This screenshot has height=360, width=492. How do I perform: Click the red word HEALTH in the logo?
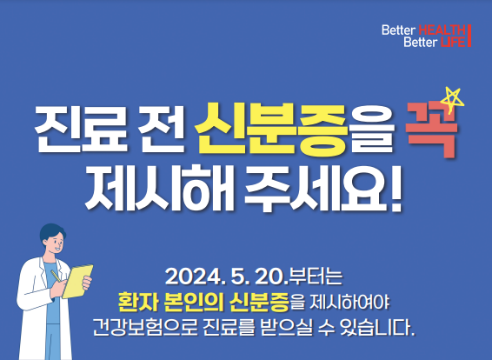pos(442,30)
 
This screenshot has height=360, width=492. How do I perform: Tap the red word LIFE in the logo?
pos(453,42)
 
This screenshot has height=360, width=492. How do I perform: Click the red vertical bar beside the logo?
pos(469,36)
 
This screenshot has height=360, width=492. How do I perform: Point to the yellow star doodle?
pos(452,99)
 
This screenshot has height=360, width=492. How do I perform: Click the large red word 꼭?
pos(431,130)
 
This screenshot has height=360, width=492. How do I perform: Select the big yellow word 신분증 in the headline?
pos(271,130)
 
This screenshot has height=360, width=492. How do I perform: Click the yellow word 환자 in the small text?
pos(137,302)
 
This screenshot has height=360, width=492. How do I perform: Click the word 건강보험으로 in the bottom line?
pos(145,327)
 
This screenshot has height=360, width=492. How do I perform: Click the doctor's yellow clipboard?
pos(77,281)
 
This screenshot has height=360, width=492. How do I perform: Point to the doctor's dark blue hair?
pos(52,231)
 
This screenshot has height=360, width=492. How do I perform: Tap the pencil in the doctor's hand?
pos(57,277)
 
